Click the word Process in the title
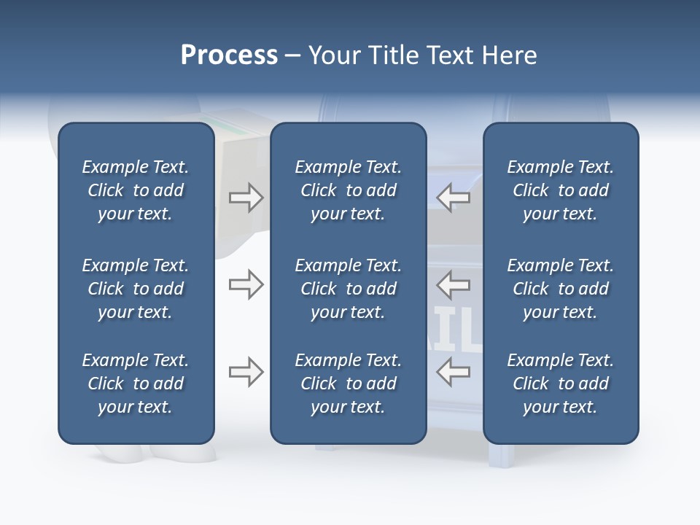tap(229, 55)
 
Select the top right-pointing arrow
tap(246, 197)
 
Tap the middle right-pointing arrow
tap(246, 284)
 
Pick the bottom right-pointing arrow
tap(246, 372)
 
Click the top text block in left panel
tap(136, 190)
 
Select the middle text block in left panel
tap(136, 289)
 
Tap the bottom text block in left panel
tap(136, 384)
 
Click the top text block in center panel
tap(348, 190)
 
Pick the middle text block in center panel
tap(348, 289)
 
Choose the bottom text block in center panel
tap(348, 384)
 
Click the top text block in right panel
tap(560, 190)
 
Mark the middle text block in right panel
tap(560, 289)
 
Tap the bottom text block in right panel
tap(560, 384)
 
